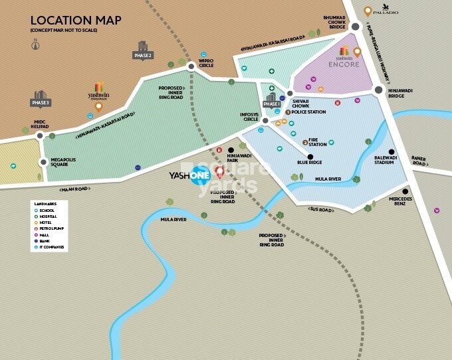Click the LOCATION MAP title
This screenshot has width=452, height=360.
(x=76, y=21)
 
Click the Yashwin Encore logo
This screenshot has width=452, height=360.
(x=344, y=58)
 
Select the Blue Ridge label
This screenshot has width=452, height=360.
(x=309, y=162)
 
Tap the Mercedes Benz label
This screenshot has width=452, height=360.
(x=401, y=201)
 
